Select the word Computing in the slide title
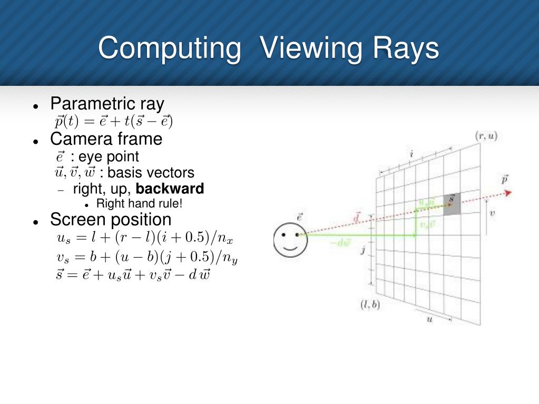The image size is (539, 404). tap(169, 48)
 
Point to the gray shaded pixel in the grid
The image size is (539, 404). tap(452, 204)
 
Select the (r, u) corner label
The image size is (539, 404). tap(486, 136)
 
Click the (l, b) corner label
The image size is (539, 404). tap(370, 304)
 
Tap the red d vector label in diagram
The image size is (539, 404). tap(357, 216)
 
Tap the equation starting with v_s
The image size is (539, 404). tap(147, 258)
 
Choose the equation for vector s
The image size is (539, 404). tap(133, 275)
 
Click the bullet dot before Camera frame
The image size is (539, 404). tap(36, 141)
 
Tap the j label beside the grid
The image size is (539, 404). tap(362, 251)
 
